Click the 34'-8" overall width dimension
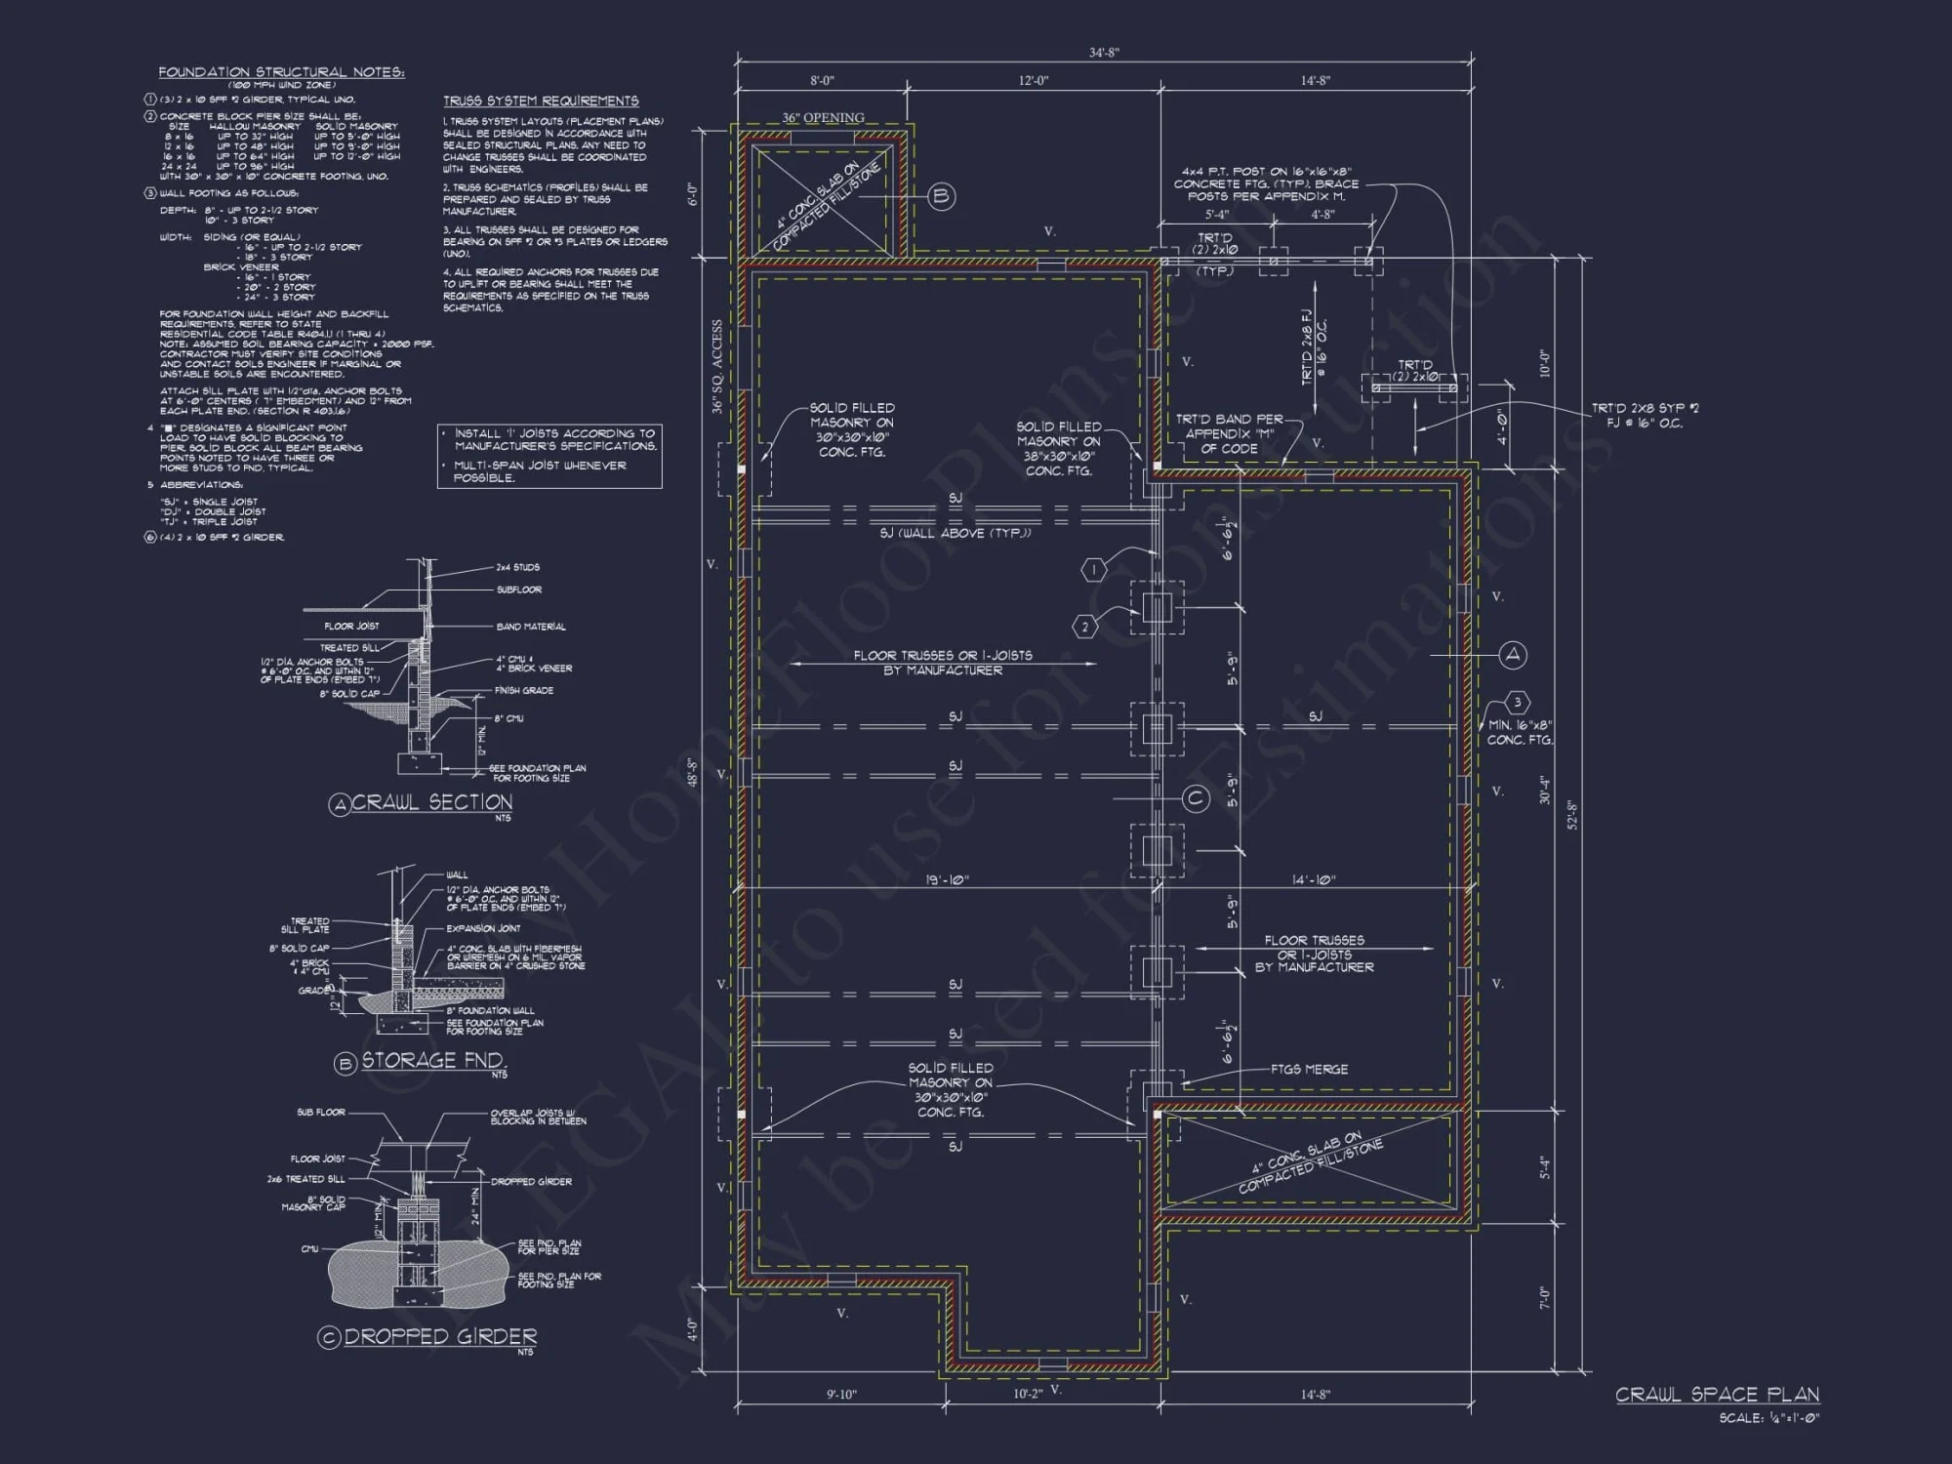click(x=1104, y=53)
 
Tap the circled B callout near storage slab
click(x=940, y=196)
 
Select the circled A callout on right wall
click(x=1513, y=655)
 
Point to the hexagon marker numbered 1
click(x=1094, y=569)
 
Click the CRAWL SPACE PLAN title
click(x=1717, y=1395)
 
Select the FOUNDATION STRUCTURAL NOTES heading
click(x=281, y=72)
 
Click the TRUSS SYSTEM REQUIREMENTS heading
click(x=541, y=101)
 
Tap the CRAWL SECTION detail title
click(x=430, y=802)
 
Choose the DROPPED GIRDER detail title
click(x=439, y=1337)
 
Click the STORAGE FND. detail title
click(x=432, y=1061)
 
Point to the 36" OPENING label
click(x=822, y=118)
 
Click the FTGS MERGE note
click(x=1309, y=1069)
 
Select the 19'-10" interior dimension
click(x=946, y=880)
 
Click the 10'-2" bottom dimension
click(x=1027, y=1394)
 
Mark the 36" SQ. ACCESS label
click(x=717, y=367)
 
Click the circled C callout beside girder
click(x=1196, y=799)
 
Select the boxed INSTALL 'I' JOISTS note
click(x=549, y=456)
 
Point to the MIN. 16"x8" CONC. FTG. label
click(x=1520, y=732)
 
